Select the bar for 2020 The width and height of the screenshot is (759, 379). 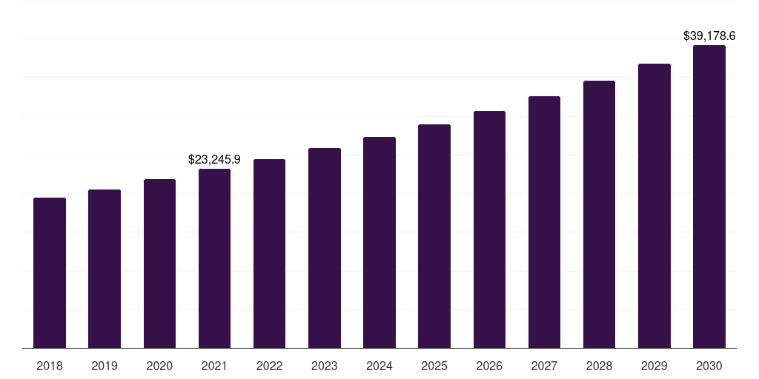click(159, 264)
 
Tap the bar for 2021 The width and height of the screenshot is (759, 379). click(214, 258)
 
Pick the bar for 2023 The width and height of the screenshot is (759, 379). click(325, 248)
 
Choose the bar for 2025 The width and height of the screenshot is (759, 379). click(434, 236)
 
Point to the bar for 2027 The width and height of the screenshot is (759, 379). click(544, 222)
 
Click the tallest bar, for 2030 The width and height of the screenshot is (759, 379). click(709, 196)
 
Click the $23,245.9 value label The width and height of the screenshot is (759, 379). click(214, 159)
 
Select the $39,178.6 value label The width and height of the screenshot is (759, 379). click(709, 36)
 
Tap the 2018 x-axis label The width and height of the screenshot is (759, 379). click(50, 366)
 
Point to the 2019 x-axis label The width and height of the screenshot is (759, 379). click(105, 366)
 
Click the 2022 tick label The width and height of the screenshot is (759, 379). click(270, 366)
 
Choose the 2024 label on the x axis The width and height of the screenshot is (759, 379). click(379, 366)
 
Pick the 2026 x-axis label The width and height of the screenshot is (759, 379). click(489, 366)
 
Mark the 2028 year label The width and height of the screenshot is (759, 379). click(599, 366)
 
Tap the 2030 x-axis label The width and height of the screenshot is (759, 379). click(709, 366)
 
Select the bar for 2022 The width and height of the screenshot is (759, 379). click(270, 253)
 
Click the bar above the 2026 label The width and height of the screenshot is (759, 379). click(489, 229)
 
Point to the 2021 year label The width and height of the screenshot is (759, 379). click(214, 366)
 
